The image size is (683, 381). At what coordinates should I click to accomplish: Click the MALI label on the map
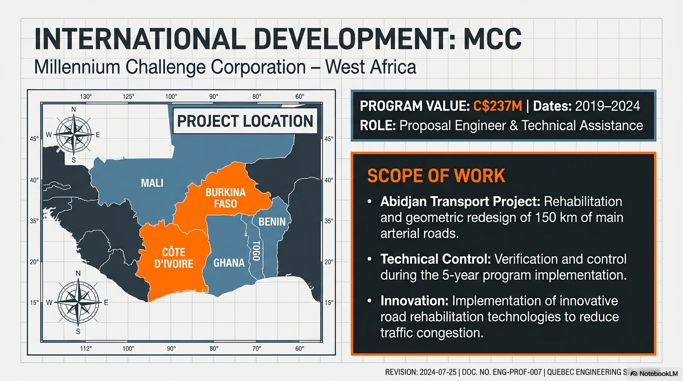152,183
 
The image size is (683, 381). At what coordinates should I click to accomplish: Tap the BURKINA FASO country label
221,197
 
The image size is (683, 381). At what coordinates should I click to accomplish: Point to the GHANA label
229,262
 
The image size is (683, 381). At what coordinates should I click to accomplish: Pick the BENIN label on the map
272,222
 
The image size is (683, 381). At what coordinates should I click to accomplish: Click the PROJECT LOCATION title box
245,121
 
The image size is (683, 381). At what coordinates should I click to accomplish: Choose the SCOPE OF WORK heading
436,176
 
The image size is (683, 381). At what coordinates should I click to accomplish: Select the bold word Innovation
414,301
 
